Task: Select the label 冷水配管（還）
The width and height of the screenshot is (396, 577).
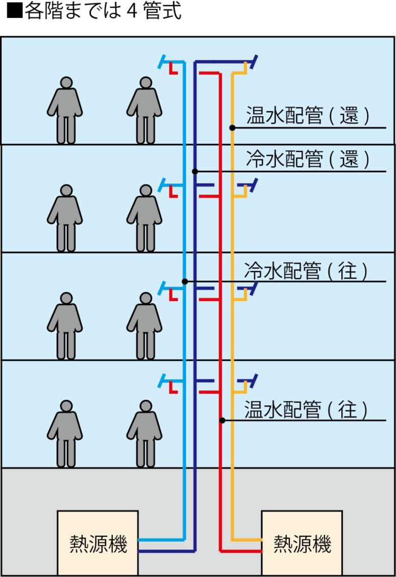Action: pyautogui.click(x=308, y=159)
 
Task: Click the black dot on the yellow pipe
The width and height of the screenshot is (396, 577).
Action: pyautogui.click(x=232, y=128)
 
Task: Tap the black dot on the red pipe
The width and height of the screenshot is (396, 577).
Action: pyautogui.click(x=222, y=420)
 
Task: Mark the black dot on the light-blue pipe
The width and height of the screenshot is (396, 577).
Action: pyautogui.click(x=184, y=281)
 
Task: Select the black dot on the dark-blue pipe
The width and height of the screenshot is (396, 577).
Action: pyautogui.click(x=195, y=171)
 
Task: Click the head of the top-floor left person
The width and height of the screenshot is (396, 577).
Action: pyautogui.click(x=66, y=83)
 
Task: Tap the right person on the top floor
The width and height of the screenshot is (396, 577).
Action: pyautogui.click(x=145, y=110)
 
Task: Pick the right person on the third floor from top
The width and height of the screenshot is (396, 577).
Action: pyautogui.click(x=145, y=325)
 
